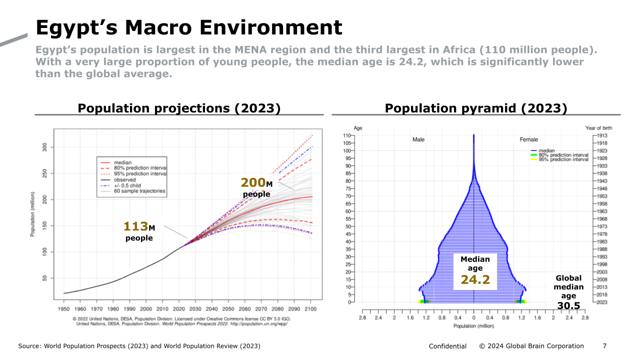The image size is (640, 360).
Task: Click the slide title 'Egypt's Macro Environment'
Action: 189,27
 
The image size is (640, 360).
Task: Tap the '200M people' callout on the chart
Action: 256,187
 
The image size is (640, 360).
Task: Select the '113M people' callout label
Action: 139,231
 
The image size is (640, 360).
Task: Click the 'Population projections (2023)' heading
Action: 179,108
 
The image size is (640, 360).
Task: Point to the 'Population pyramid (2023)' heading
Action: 475,108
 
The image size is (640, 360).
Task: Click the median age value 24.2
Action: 475,280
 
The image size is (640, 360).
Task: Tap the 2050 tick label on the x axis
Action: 228,309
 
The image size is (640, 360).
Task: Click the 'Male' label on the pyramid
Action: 418,139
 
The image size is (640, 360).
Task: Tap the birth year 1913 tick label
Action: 602,135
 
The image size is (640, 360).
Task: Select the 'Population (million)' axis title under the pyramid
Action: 473,326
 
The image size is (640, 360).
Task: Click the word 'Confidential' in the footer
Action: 447,346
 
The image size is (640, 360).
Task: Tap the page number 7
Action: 604,346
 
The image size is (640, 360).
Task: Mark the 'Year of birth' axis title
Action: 598,128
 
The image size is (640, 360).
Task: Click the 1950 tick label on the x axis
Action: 64,309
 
